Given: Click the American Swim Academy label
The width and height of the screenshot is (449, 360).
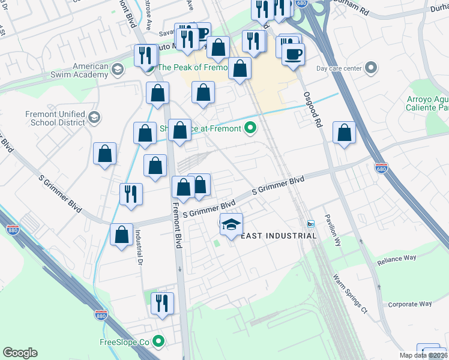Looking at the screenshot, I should tap(90, 70).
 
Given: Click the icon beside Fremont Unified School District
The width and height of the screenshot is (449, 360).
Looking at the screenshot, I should tap(94, 118).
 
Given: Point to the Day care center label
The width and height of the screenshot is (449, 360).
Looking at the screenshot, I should tap(339, 68).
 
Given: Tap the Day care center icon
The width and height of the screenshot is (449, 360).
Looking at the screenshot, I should tap(372, 68).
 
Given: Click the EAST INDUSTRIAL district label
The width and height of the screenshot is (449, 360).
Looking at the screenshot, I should tap(279, 236).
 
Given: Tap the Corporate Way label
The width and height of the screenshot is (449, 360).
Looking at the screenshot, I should tap(410, 304).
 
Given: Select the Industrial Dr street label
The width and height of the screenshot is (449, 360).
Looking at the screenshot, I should tap(138, 248).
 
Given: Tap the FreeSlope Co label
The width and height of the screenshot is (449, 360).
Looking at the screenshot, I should tap(124, 343).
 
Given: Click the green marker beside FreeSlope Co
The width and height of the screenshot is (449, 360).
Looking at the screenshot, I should tap(158, 342).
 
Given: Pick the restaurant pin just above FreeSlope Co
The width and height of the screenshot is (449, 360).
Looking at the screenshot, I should tap(161, 303).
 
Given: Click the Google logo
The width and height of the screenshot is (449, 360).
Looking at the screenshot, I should tap(20, 353).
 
